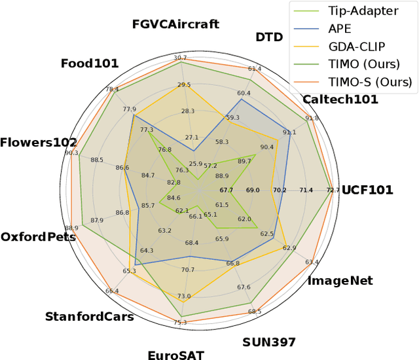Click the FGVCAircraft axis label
coord(175,25)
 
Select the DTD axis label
coord(269,37)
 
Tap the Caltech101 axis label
coord(340,99)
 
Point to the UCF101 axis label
coord(367,190)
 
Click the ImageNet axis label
coord(340,281)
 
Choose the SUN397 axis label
coord(269,342)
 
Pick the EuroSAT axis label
coord(175,355)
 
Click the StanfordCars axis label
coord(89,317)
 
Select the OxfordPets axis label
coord(38,237)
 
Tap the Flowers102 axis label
coord(38,143)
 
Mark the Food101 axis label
coord(90,63)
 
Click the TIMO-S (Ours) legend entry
coord(371,82)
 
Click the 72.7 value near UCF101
coord(333,190)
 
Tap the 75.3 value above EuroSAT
coord(180,323)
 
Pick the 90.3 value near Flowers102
coord(71,153)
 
